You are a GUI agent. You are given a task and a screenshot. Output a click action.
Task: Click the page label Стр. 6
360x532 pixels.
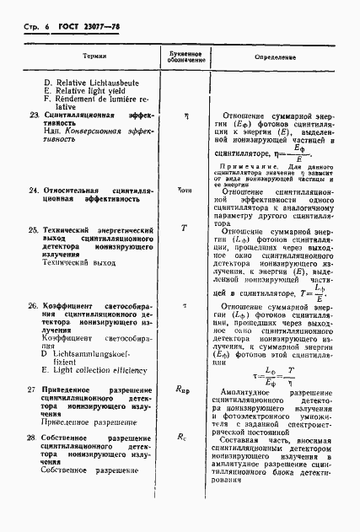pos(30,28)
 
